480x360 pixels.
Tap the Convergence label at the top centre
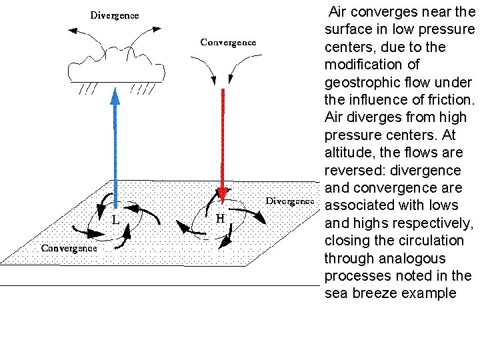228,42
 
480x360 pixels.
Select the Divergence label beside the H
290,201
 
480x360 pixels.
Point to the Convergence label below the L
69,247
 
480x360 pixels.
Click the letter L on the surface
115,219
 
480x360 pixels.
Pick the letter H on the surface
219,217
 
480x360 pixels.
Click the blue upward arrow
115,147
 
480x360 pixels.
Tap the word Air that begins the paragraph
339,12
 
